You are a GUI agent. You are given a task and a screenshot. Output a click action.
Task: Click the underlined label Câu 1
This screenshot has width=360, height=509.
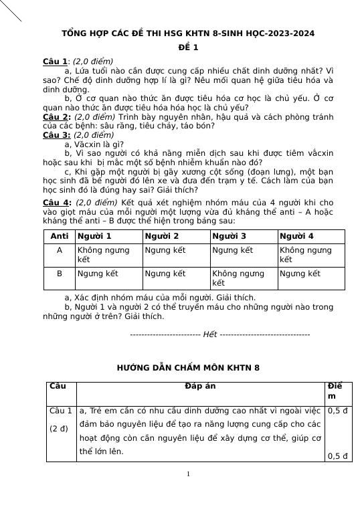(55, 61)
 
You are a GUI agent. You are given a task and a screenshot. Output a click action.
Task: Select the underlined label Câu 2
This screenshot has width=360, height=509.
(56, 116)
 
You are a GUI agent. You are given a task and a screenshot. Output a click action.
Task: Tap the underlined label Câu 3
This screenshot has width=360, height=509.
(56, 134)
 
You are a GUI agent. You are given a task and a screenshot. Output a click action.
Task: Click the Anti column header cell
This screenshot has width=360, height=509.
(60, 236)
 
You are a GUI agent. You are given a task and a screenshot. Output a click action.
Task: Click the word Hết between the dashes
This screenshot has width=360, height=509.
(210, 334)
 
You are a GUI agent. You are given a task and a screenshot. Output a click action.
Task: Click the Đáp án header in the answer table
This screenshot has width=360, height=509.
(201, 387)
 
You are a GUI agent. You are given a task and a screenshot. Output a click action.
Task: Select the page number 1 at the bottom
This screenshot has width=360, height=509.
(188, 474)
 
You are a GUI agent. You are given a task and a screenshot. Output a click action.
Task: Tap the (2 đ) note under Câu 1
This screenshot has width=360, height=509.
(58, 429)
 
